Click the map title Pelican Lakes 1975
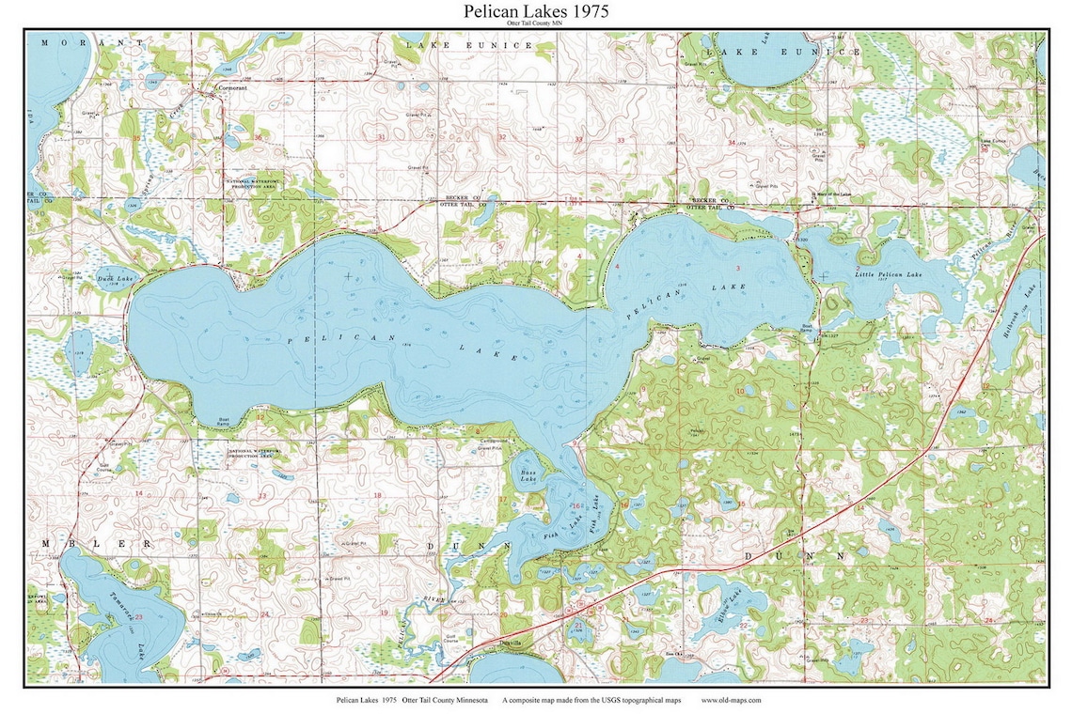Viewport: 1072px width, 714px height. click(x=536, y=11)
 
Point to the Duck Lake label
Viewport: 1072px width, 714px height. click(x=121, y=279)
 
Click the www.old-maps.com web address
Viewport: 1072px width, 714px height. click(x=731, y=700)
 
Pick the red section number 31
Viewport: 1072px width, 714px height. click(x=381, y=138)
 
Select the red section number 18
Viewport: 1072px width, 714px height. click(x=378, y=495)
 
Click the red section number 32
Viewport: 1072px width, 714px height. click(x=501, y=137)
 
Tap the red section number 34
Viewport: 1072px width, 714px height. click(x=732, y=142)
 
